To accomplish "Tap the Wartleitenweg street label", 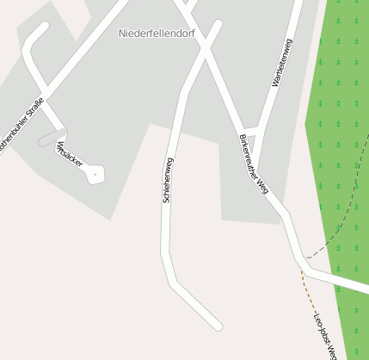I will pyautogui.click(x=281, y=62).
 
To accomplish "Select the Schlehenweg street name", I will pyautogui.click(x=168, y=179).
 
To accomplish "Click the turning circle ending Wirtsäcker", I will pyautogui.click(x=95, y=174).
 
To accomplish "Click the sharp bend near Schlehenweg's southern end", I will pyautogui.click(x=172, y=282).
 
